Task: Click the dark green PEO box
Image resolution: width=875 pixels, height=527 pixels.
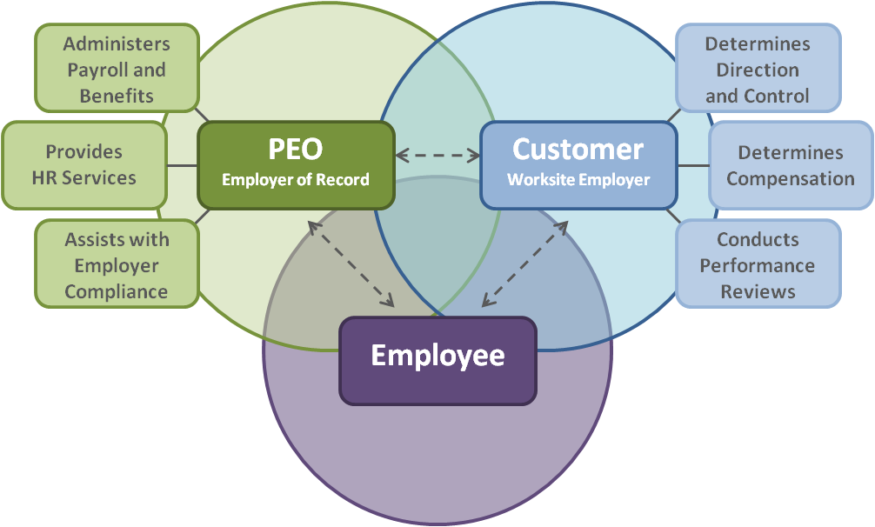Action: click(x=296, y=165)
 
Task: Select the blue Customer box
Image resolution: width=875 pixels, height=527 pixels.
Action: click(x=578, y=165)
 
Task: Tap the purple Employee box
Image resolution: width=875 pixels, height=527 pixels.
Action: click(x=437, y=360)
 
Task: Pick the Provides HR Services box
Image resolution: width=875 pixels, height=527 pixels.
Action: click(x=84, y=164)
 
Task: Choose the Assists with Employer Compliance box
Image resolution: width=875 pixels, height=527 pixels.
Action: click(x=117, y=264)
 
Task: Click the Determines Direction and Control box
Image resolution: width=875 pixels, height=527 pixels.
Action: click(x=758, y=69)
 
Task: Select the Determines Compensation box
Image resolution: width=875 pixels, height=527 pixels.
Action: click(x=791, y=165)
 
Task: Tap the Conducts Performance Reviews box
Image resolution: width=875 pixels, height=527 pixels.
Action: click(x=758, y=264)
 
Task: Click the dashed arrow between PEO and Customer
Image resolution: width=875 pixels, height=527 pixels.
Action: click(x=437, y=157)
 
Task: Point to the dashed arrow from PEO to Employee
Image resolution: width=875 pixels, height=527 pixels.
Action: click(x=351, y=263)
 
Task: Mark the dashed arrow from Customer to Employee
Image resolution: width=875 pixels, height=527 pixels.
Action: click(x=524, y=263)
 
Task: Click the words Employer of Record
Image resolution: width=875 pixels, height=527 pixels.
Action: click(x=296, y=180)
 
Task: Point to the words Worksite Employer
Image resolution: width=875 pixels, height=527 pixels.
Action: click(x=578, y=180)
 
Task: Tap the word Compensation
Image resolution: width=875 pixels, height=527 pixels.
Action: click(x=791, y=179)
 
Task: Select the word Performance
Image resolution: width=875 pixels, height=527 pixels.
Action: click(x=758, y=265)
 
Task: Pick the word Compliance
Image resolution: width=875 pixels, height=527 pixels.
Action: click(x=117, y=291)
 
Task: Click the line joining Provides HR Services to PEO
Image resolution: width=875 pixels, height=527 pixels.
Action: click(x=182, y=164)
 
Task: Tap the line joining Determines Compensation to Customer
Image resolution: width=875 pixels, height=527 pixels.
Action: click(x=693, y=165)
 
